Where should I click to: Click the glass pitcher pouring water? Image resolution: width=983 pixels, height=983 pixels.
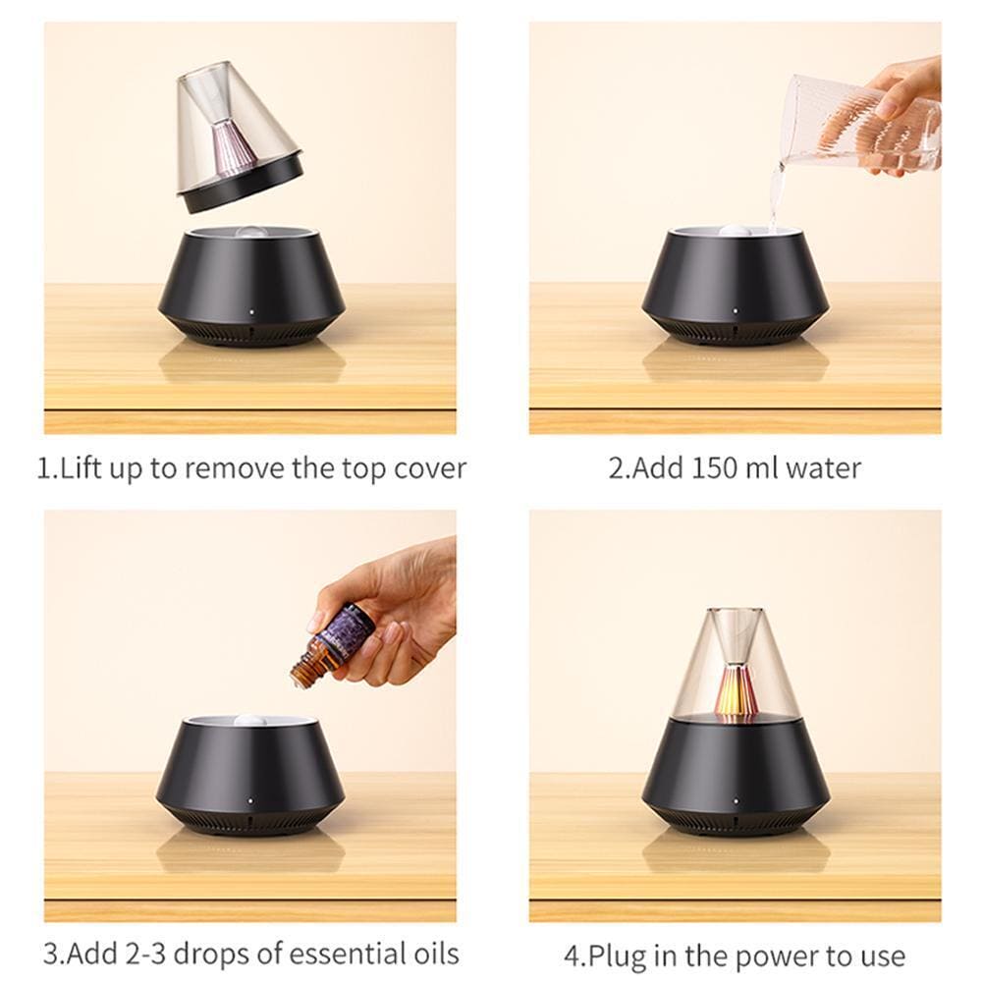pos(864,124)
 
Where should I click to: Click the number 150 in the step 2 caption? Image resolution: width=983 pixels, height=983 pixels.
pos(715,468)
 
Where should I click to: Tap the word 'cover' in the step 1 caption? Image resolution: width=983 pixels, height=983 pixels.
pos(430,469)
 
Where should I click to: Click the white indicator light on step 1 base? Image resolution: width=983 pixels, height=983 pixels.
pos(252,309)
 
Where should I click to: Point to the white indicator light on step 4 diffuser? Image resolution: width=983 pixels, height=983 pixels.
pos(736,800)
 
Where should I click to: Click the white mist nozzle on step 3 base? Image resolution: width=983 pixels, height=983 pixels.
pos(250,721)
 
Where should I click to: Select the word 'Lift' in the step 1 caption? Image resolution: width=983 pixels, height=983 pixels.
pos(81,468)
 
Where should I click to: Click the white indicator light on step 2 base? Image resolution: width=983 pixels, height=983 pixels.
pos(736,309)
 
